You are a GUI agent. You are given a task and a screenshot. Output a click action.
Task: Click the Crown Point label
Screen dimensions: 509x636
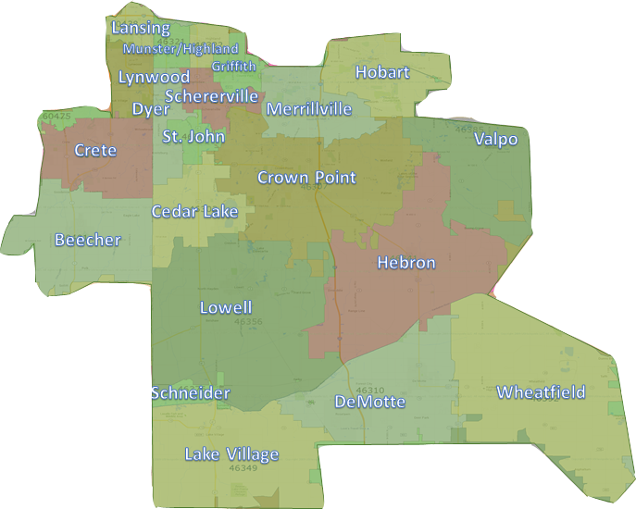[306, 178]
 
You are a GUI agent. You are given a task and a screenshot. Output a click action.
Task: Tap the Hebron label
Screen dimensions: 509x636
[405, 263]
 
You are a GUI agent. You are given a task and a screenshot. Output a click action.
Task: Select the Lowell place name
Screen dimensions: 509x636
[226, 307]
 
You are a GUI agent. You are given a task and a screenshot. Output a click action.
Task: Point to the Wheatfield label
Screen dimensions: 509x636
[541, 392]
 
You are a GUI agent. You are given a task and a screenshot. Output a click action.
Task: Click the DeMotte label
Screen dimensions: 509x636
[369, 402]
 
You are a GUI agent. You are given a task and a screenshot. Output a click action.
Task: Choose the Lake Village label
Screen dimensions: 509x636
[231, 453]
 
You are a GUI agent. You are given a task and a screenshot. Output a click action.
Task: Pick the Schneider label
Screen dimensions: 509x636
[190, 393]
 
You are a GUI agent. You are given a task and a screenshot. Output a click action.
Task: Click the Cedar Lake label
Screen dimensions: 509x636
[194, 212]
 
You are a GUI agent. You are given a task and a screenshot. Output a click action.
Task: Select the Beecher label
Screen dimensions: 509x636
[88, 241]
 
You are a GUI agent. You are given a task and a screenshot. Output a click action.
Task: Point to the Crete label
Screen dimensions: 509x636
[95, 150]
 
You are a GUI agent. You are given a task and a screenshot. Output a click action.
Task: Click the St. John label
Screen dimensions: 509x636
[193, 136]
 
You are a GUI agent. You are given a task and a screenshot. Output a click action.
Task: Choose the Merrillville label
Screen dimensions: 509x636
[309, 109]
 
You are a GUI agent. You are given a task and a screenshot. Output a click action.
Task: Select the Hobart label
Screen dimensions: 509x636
[381, 72]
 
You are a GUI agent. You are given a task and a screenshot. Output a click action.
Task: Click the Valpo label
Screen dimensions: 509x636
[496, 140]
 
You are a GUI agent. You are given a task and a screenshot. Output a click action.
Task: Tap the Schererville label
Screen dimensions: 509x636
[211, 96]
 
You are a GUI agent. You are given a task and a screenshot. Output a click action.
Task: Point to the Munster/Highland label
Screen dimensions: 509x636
[181, 48]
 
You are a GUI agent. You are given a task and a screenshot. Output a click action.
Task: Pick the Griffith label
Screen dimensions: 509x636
[233, 66]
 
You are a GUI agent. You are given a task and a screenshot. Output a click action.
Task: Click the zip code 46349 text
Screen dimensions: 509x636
[243, 468]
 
